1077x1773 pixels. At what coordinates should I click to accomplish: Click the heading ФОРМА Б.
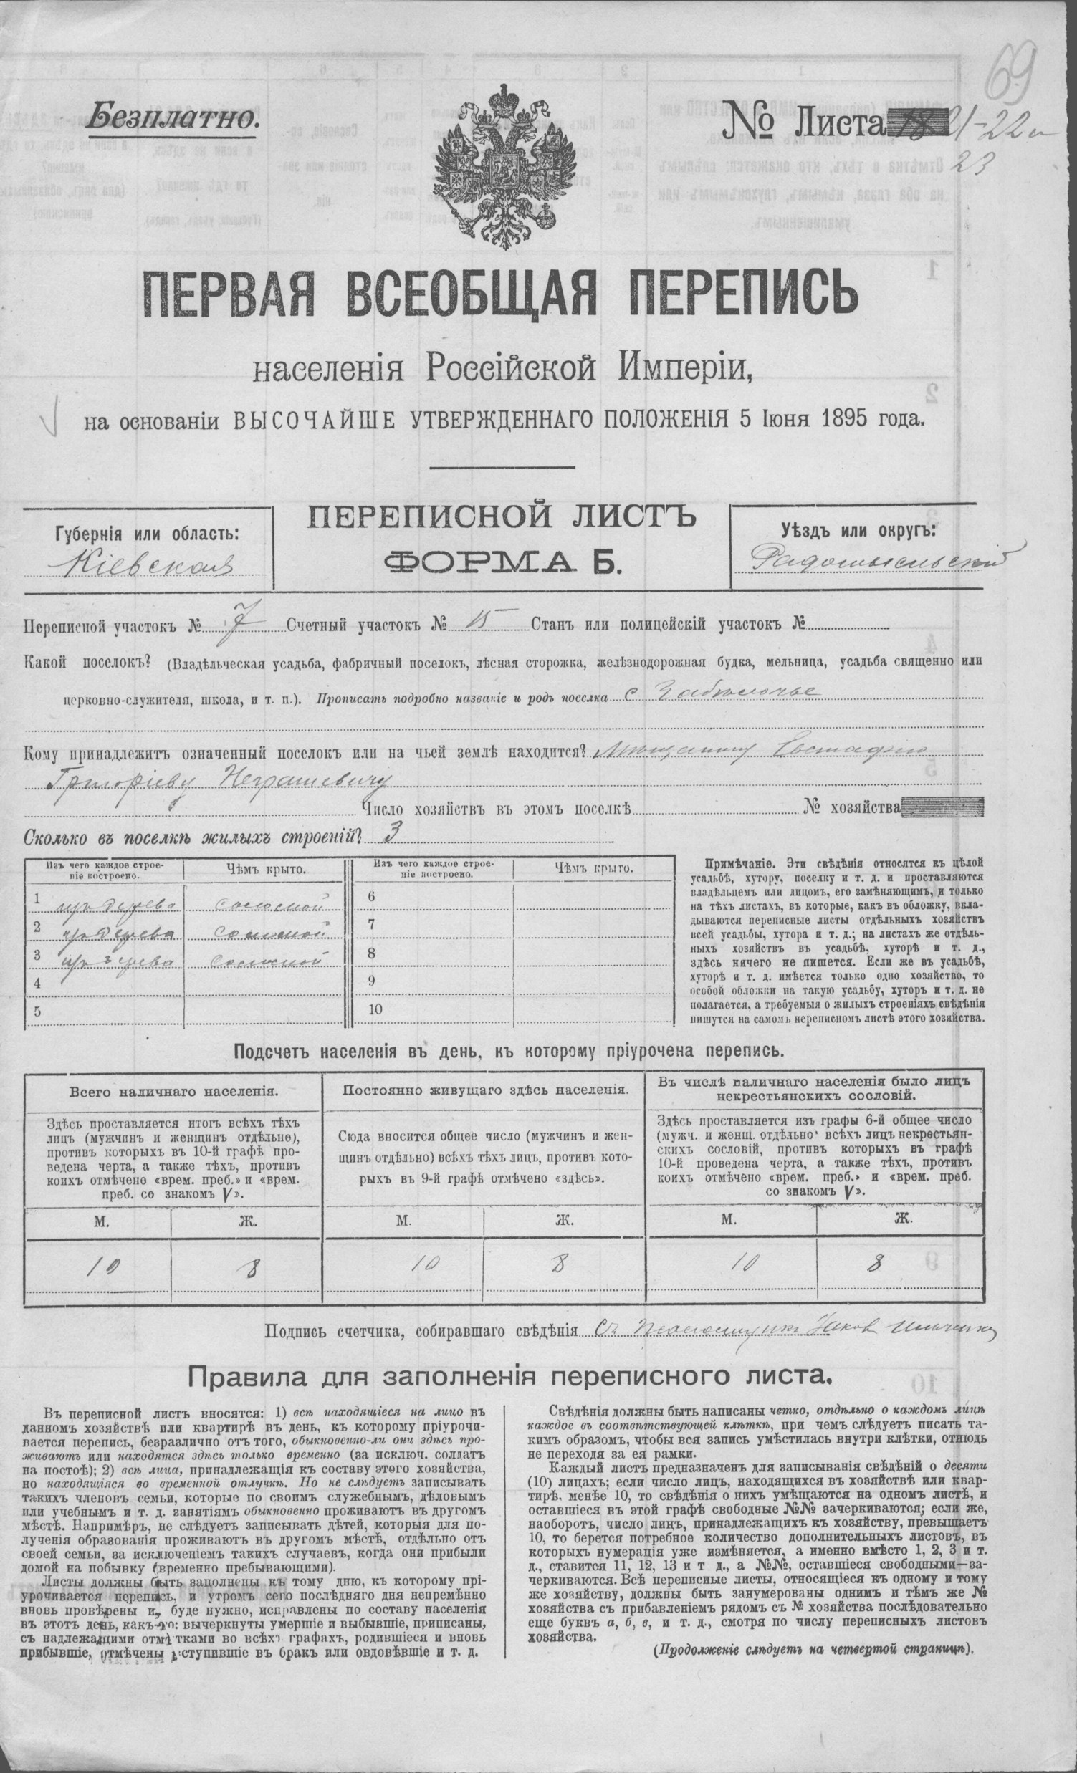(x=502, y=559)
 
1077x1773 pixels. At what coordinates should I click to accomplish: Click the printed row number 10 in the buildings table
(x=375, y=1009)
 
